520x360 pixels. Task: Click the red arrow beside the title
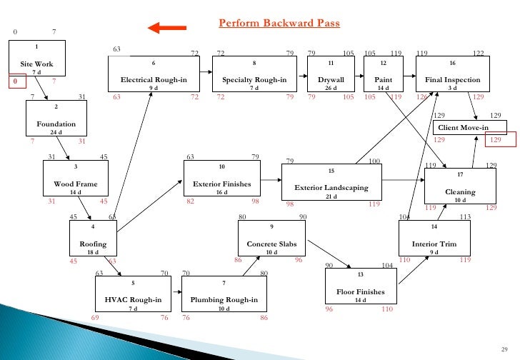tap(166, 28)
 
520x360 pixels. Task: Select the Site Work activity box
tap(36, 58)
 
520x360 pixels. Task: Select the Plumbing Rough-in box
tap(224, 294)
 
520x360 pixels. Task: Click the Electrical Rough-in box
tap(154, 74)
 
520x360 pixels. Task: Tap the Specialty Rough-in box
tap(254, 74)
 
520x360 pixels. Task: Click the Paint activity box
tap(384, 74)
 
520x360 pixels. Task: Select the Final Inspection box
tap(452, 74)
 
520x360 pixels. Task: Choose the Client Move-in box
tap(469, 127)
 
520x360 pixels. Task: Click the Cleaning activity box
tap(460, 186)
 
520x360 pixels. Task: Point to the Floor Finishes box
tap(360, 286)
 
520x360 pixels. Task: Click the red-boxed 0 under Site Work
tap(13, 81)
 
